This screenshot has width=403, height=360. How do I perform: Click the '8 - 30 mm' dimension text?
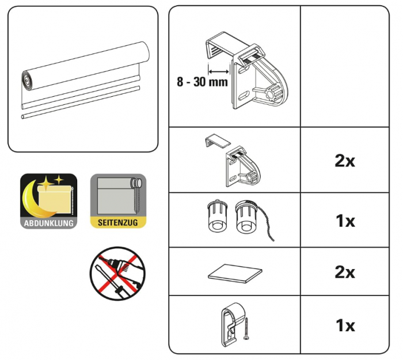(x=202, y=82)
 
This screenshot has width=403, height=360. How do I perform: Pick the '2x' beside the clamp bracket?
(x=344, y=161)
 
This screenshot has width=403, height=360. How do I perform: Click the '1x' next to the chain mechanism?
(x=344, y=221)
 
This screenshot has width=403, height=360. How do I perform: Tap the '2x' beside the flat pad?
(x=344, y=272)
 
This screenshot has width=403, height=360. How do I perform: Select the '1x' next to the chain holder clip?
(x=344, y=325)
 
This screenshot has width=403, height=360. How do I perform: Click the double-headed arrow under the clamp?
(x=219, y=71)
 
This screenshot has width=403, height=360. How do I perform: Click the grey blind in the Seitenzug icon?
(x=114, y=196)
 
